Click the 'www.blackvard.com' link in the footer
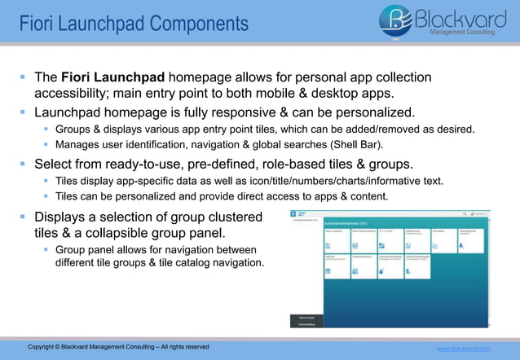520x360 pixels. (x=464, y=349)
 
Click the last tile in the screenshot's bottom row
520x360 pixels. (x=420, y=266)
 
